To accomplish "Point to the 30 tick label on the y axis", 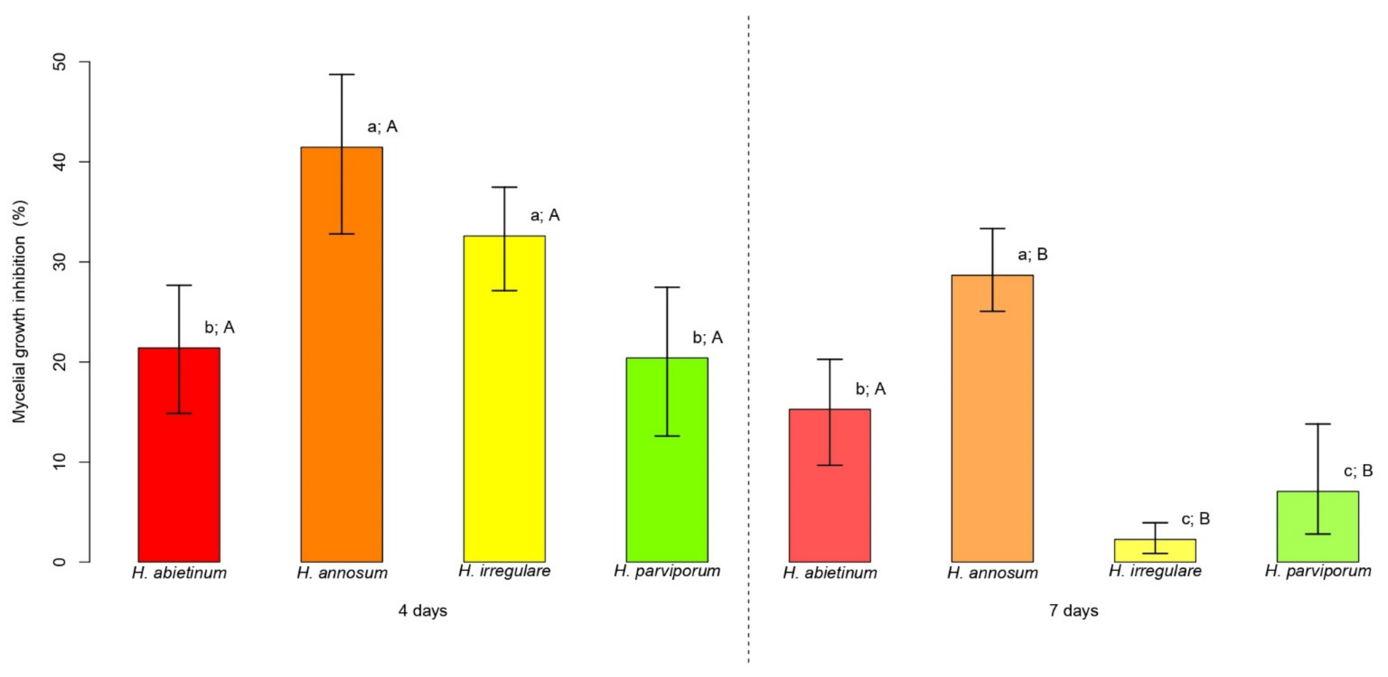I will [x=60, y=262].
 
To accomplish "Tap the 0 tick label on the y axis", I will [x=60, y=562].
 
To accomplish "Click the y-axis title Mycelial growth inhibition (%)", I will [x=20, y=312].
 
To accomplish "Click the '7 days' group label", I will [x=1073, y=611].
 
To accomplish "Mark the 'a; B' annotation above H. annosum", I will [x=1032, y=254].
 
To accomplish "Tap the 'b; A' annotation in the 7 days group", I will [x=870, y=388].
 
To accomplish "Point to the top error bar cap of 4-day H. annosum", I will [x=342, y=74].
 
